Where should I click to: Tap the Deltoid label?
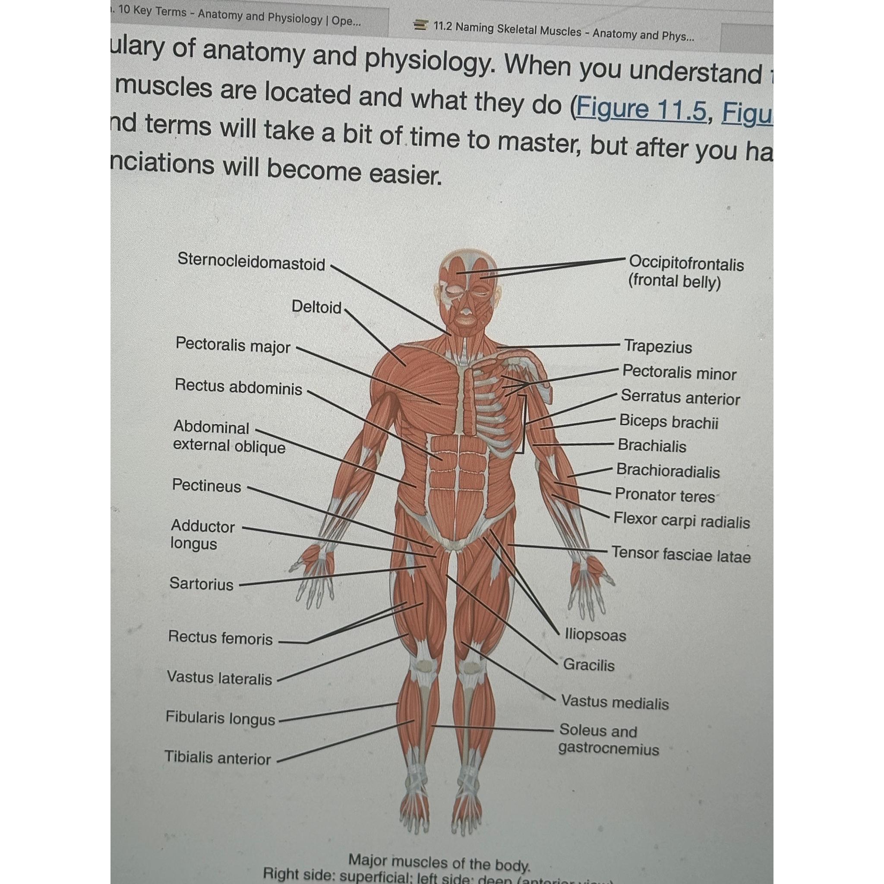317,306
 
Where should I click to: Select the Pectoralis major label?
233,345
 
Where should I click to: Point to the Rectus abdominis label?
238,387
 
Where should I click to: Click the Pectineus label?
206,486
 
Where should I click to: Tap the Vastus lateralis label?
219,678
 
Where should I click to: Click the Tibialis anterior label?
218,758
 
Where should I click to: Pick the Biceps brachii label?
669,422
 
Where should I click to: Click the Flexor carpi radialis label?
681,521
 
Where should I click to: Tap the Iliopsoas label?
595,635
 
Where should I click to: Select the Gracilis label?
588,664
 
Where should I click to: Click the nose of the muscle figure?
465,312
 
